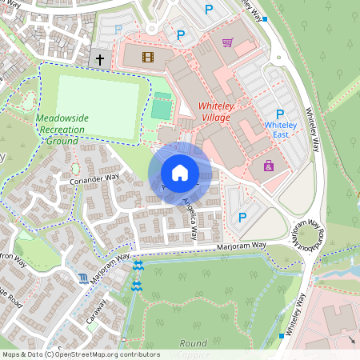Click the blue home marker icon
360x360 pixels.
pos(180,172)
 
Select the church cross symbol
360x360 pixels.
pos(100,58)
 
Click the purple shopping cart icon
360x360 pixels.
pos(228,42)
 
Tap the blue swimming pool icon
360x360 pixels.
pos(85,278)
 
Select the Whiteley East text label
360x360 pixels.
pos(280,130)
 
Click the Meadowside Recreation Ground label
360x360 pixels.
pos(62,129)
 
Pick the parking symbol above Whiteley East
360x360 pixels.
pos(280,114)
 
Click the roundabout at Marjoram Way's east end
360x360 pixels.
pos(309,235)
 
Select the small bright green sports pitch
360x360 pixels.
pos(162,107)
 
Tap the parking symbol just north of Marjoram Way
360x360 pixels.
pos(242,217)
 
